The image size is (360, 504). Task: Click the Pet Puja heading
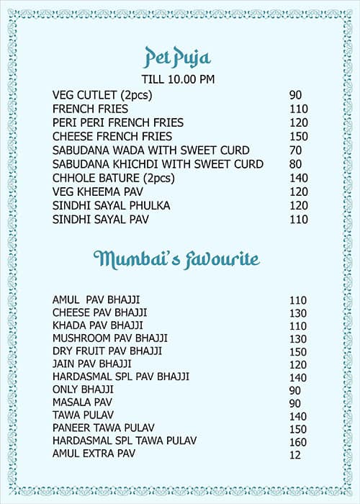(178, 56)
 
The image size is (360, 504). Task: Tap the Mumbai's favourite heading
(177, 259)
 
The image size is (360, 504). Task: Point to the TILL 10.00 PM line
(178, 79)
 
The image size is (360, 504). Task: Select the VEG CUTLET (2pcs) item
(102, 95)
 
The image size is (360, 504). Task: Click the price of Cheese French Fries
(298, 136)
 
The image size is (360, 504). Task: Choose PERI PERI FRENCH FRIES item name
(118, 122)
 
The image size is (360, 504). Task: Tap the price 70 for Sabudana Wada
(295, 150)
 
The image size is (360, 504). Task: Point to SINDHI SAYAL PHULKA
(111, 206)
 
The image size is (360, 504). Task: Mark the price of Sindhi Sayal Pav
(298, 220)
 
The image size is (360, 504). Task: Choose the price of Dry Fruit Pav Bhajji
(298, 351)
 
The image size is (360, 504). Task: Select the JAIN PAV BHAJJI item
(92, 364)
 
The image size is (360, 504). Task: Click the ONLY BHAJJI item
(83, 390)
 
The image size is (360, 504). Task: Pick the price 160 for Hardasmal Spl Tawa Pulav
(298, 441)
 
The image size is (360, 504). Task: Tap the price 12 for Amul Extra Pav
(294, 454)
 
